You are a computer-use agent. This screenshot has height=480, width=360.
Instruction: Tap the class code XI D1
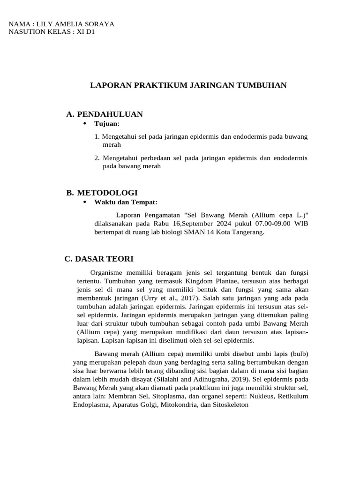point(85,32)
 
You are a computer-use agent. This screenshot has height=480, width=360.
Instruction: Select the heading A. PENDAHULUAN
point(105,114)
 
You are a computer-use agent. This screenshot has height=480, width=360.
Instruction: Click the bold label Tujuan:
point(107,124)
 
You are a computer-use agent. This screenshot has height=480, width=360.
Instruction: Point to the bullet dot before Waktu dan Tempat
point(85,202)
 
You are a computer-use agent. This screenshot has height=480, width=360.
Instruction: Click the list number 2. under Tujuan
point(97,158)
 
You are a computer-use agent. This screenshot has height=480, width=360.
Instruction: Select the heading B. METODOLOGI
point(102,193)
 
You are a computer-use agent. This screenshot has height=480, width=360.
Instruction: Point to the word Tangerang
point(247,232)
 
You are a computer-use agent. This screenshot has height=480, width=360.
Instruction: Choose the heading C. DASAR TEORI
point(99,259)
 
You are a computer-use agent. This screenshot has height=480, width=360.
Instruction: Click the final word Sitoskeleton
point(230,405)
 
